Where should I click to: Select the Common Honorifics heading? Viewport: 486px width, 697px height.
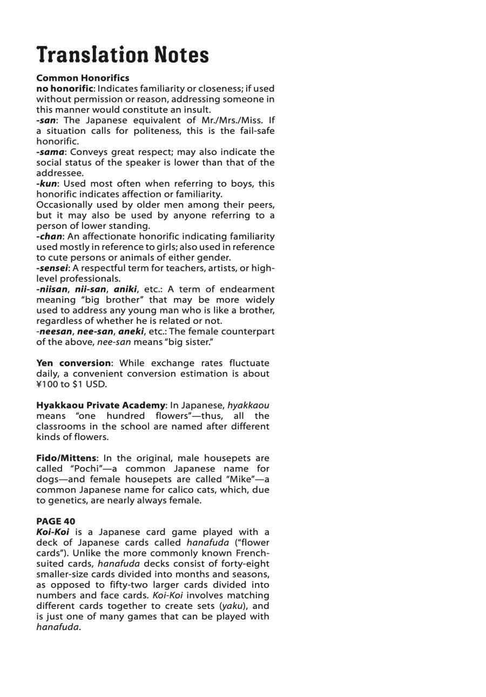pos(83,78)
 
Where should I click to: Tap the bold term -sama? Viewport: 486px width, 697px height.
pos(50,152)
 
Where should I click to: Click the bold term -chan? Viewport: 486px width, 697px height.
pos(49,236)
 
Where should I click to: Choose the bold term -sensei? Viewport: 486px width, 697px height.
pos(52,268)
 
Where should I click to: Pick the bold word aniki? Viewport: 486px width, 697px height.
pos(125,289)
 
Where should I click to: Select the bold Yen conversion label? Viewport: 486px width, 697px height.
pos(73,363)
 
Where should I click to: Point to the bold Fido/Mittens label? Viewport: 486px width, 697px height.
pos(66,458)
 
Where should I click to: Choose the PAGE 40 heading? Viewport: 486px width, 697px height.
pos(56,521)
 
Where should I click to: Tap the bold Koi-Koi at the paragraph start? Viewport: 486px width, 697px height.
pos(52,532)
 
